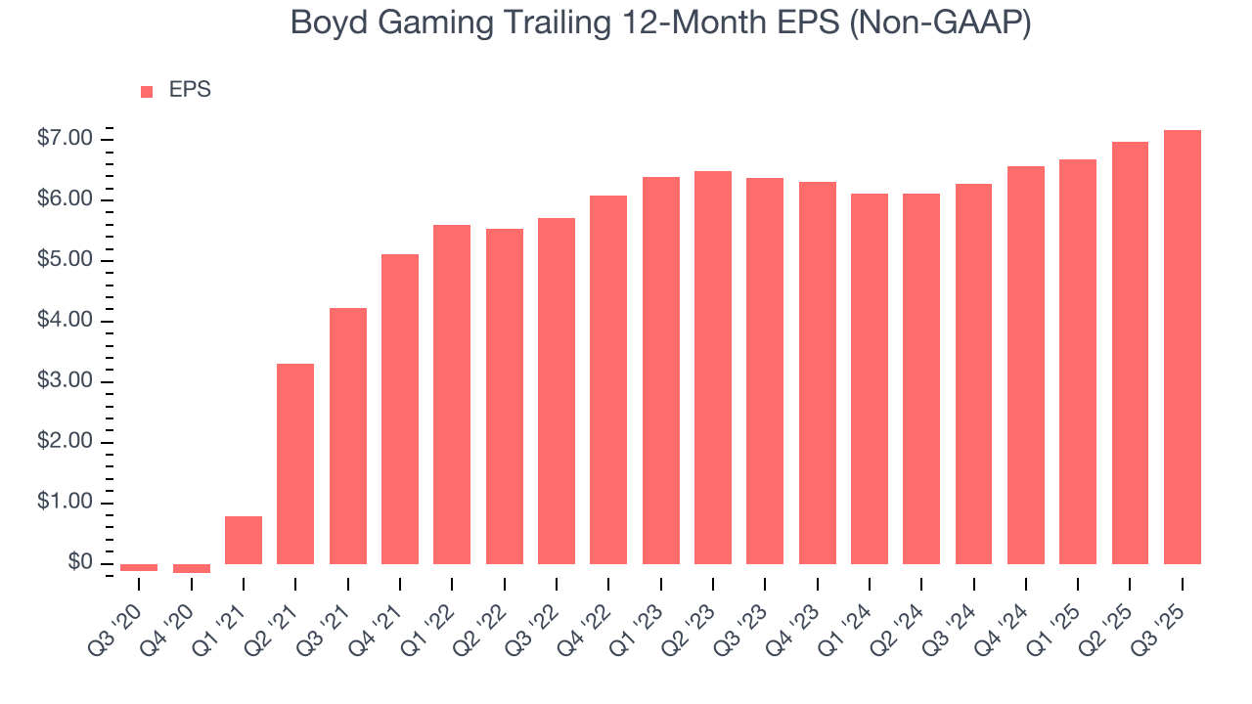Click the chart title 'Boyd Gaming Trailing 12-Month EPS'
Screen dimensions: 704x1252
660,23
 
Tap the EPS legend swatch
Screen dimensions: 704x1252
147,92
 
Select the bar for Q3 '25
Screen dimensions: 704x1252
1182,347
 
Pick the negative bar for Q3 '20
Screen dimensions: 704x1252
139,567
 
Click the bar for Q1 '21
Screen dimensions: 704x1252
244,540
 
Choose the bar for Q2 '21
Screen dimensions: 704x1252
295,463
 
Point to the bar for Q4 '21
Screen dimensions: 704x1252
400,409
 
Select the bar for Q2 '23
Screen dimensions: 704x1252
713,368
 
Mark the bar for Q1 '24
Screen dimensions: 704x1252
870,378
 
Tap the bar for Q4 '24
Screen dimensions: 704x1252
1025,365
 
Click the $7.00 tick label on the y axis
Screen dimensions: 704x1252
66,139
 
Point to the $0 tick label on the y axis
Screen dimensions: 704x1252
79,563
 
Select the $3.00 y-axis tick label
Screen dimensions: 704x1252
66,381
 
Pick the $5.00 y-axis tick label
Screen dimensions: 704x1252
66,260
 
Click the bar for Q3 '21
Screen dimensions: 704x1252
348,436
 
